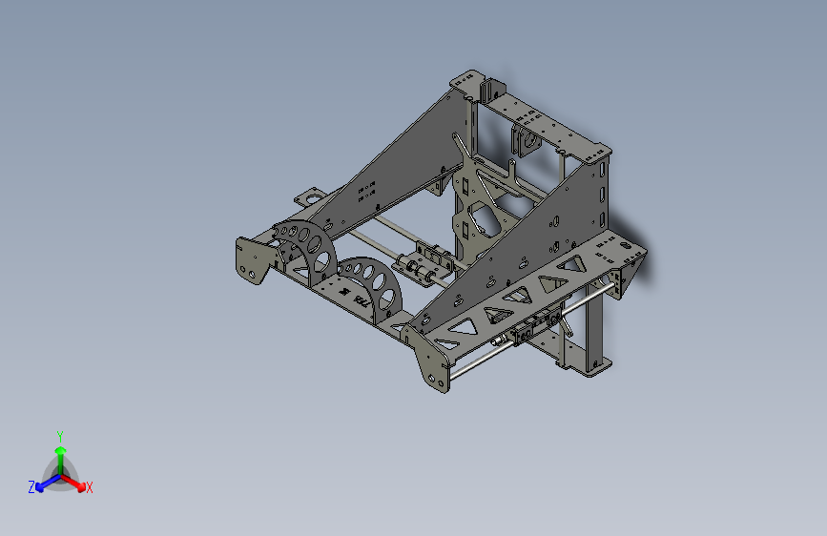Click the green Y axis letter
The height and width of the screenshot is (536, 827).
point(59,434)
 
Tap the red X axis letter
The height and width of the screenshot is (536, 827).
point(90,488)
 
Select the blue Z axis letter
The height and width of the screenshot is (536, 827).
point(31,487)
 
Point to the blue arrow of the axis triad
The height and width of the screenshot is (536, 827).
point(44,483)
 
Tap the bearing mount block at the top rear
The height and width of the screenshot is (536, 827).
point(525,139)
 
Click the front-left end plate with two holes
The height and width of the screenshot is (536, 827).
point(250,263)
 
